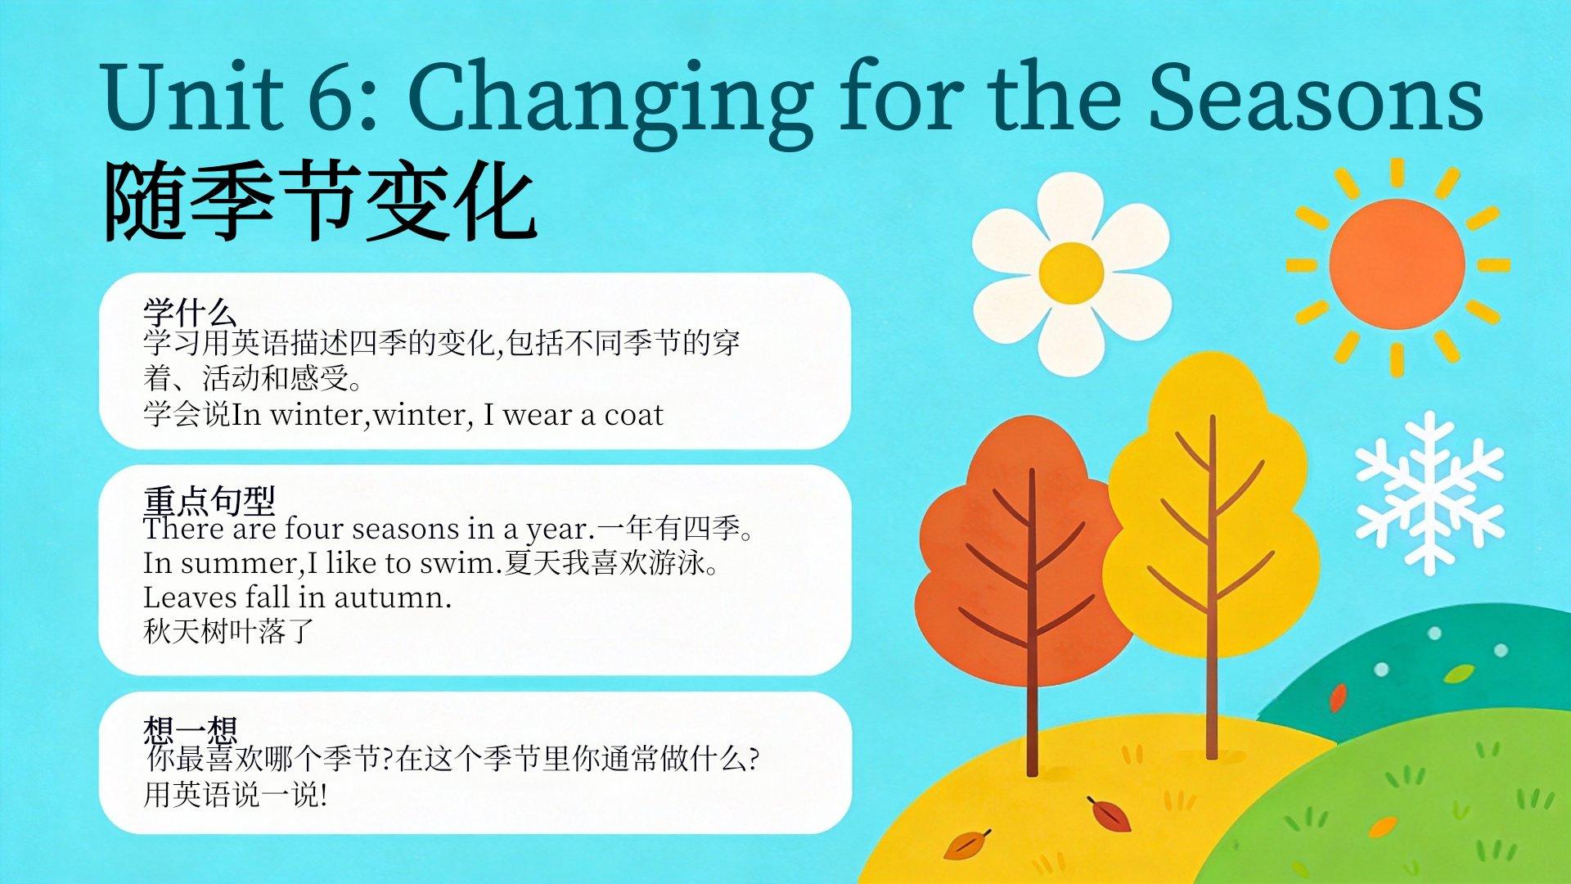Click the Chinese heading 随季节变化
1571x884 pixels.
pos(321,201)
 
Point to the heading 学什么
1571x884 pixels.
pos(190,312)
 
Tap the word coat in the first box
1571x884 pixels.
pos(633,416)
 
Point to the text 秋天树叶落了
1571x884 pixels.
pos(229,631)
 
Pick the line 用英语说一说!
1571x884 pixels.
pos(236,794)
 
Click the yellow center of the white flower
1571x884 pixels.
pos(1071,273)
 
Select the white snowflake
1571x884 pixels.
pos(1429,494)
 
